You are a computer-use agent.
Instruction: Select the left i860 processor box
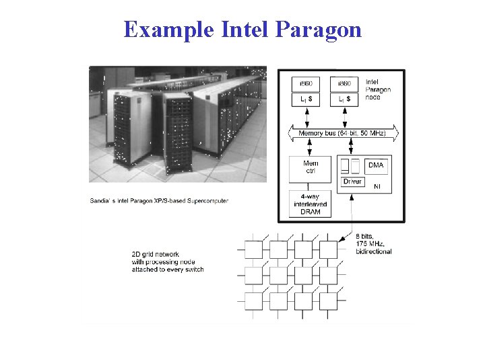(306, 83)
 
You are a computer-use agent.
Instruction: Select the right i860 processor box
(344, 83)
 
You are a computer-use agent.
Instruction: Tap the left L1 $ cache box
(306, 99)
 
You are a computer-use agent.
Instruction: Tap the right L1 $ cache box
(344, 99)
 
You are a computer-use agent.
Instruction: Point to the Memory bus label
(342, 134)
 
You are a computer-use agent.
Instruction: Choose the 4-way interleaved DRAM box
(311, 204)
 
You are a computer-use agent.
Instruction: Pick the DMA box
(375, 165)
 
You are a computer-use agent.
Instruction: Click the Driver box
(352, 182)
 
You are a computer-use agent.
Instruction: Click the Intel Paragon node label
(377, 90)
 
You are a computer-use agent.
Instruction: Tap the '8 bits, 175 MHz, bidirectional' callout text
(373, 243)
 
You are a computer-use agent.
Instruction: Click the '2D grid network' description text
(167, 261)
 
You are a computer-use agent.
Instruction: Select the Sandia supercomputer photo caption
(159, 200)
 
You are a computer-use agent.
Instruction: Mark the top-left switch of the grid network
(253, 250)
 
